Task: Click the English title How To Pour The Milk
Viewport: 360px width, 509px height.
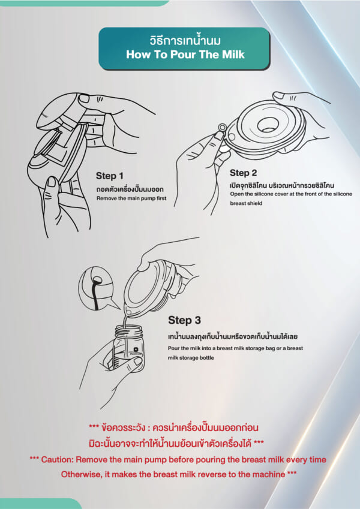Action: click(185, 55)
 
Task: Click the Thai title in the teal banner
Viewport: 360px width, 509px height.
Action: click(185, 41)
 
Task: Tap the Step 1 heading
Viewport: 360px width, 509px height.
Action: click(110, 176)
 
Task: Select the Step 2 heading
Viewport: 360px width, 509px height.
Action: click(244, 173)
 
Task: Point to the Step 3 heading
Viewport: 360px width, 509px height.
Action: click(185, 320)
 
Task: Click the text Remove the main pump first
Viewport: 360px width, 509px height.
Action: click(131, 198)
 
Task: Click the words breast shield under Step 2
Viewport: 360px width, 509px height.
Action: click(246, 203)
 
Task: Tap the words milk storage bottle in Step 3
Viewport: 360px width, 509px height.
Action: click(191, 358)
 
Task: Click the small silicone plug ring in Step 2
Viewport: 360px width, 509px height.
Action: click(223, 127)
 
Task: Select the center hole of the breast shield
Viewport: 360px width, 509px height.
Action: click(269, 124)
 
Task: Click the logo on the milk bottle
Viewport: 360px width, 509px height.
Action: click(136, 350)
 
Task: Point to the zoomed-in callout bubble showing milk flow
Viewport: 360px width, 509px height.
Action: click(97, 289)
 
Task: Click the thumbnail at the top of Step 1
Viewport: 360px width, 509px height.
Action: click(84, 98)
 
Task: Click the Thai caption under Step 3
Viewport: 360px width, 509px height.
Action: click(233, 336)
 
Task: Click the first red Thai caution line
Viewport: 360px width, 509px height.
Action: click(174, 427)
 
